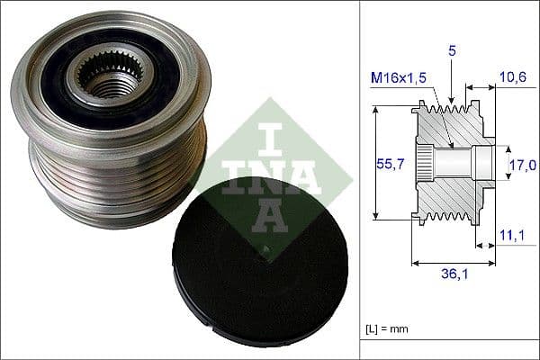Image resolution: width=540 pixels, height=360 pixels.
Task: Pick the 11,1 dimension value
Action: pyautogui.click(x=512, y=237)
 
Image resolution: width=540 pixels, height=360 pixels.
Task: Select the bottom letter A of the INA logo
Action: pyautogui.click(x=270, y=213)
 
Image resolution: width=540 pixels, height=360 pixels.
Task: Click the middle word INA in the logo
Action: pyautogui.click(x=270, y=175)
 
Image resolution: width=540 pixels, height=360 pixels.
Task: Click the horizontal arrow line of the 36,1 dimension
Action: pyautogui.click(x=454, y=264)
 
